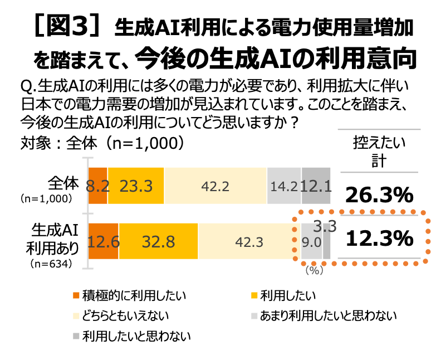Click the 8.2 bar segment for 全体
point(98,186)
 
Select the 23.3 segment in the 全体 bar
point(136,186)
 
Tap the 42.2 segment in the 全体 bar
point(215,186)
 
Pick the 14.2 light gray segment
point(284,186)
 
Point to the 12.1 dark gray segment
point(316,186)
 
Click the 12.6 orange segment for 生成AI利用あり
point(104,241)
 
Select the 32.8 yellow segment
point(159,241)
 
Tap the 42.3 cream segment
point(249,241)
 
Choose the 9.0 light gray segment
point(312,241)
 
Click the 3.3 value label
point(325,226)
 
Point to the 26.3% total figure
point(379,194)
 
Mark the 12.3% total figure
point(380,239)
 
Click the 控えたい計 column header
point(379,152)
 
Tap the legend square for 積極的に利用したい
point(76,295)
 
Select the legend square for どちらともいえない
point(76,316)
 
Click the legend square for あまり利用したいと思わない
point(254,316)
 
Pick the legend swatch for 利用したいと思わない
point(76,337)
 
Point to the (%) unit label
point(314,270)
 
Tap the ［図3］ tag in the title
point(66,26)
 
